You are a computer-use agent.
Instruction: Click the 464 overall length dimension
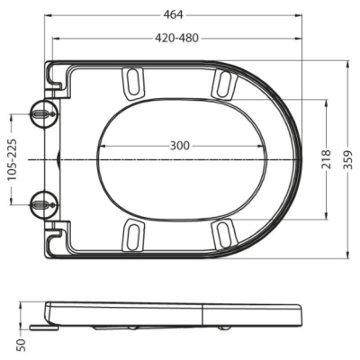pos(173,14)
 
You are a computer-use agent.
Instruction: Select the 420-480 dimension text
pos(176,38)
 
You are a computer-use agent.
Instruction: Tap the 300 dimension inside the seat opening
pos(180,146)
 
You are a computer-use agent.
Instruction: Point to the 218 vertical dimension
pos(326,159)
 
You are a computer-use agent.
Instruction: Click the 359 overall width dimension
pos(348,159)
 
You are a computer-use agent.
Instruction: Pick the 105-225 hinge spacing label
pos(12,159)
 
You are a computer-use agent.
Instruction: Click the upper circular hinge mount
pos(44,113)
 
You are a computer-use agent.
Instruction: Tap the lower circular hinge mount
pos(44,205)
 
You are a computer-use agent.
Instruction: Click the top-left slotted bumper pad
pos(134,84)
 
